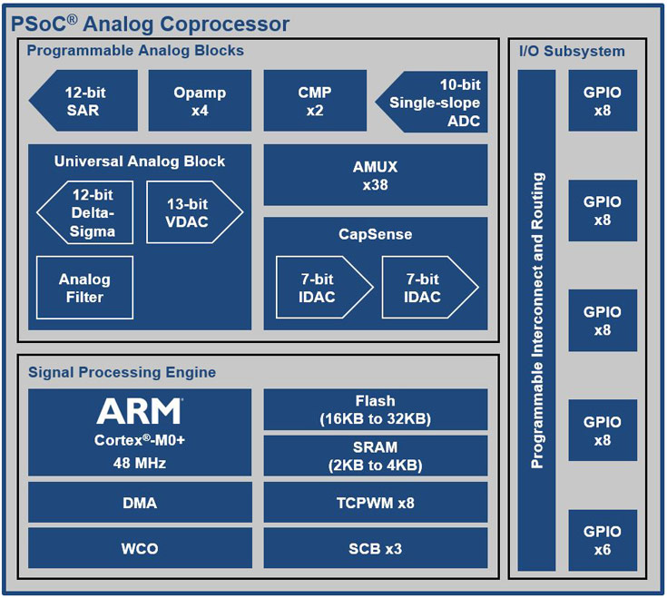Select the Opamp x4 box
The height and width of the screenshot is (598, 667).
coord(200,101)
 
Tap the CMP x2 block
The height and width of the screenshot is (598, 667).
coord(314,101)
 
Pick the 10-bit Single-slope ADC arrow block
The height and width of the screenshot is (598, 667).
coord(434,102)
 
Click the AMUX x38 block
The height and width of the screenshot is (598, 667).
coord(375,175)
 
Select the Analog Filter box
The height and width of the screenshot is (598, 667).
coord(84,288)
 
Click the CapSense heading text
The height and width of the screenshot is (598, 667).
coord(375,234)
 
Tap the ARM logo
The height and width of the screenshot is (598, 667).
coord(139,412)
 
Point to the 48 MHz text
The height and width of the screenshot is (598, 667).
coord(139,463)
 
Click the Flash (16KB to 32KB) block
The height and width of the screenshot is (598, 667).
coord(375,409)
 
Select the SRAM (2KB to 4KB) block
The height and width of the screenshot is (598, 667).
coord(375,456)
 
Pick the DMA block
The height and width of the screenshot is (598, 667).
coord(139,502)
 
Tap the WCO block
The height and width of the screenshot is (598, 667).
coord(139,548)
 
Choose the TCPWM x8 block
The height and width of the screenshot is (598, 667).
coord(375,502)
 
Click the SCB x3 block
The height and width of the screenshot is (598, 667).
coord(375,548)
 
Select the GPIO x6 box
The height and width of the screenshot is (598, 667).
coord(603,540)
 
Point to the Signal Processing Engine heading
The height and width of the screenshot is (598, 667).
coord(122,372)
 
